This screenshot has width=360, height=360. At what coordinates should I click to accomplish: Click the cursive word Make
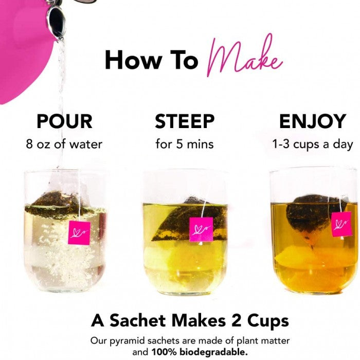244,56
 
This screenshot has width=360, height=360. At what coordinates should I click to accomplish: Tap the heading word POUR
64,121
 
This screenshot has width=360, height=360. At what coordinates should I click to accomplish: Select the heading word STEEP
185,121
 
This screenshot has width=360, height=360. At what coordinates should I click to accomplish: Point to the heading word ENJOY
313,121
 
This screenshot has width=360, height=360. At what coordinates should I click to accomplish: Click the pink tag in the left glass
79,233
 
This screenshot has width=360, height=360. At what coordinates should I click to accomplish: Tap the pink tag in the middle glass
201,229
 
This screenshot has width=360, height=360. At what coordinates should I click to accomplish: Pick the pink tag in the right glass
341,224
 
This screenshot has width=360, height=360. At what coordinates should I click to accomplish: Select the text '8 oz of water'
64,145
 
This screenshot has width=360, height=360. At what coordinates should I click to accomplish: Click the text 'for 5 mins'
185,145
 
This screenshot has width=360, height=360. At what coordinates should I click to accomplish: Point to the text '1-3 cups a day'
313,145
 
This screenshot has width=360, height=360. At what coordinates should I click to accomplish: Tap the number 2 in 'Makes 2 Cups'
237,320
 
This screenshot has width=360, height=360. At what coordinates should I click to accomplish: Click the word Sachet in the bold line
138,320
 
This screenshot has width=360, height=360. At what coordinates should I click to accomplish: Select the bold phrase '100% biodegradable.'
200,352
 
